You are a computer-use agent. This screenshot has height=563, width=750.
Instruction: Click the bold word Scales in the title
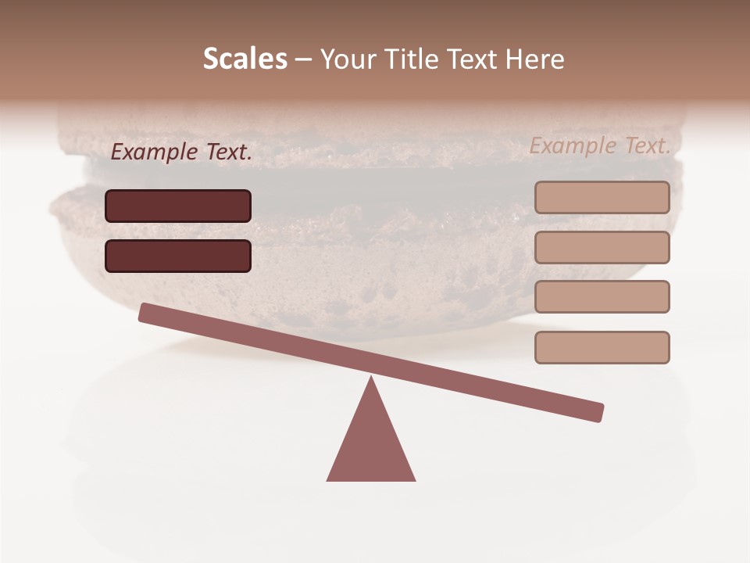point(245,59)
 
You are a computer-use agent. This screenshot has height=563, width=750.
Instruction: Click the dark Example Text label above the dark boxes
point(181,152)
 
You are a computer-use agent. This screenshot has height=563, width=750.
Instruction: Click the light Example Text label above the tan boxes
point(600,145)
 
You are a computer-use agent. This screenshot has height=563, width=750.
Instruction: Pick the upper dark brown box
point(178,206)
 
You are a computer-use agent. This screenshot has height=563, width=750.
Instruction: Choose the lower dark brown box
point(178,256)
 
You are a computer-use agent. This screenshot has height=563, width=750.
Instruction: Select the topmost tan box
point(602,197)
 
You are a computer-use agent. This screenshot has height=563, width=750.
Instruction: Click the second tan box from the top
point(602,247)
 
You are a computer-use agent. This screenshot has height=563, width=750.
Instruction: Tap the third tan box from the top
point(602,296)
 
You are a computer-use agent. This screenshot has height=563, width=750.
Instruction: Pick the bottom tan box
point(602,347)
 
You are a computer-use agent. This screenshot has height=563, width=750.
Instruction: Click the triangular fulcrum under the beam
point(371,446)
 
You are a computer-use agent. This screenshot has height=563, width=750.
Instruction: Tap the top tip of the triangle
point(371,378)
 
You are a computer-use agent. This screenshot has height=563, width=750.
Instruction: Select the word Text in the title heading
point(470,59)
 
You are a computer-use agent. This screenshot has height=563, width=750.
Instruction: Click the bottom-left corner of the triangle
point(329,479)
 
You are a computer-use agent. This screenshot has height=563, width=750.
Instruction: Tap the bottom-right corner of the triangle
point(413,479)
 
